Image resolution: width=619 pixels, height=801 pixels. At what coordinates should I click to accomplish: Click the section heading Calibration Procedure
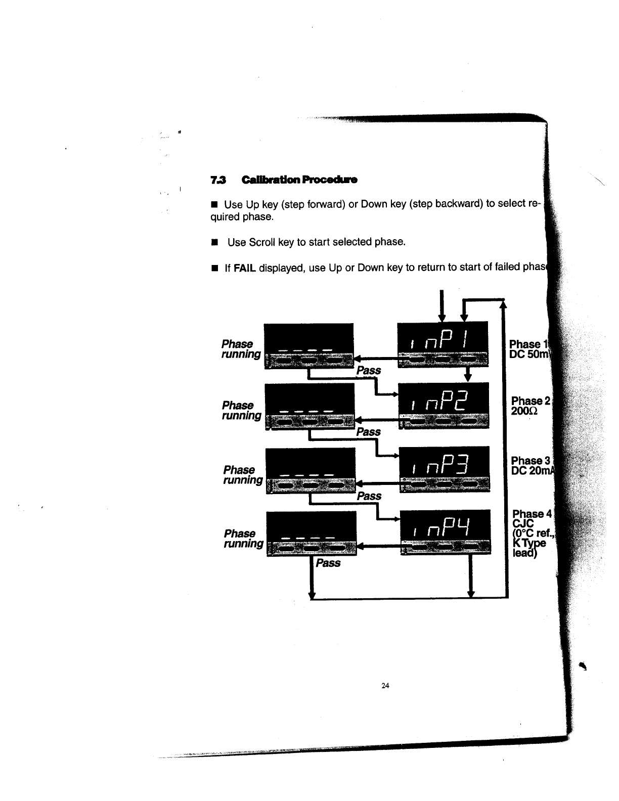click(x=299, y=180)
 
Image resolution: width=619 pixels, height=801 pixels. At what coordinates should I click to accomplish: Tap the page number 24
click(x=385, y=686)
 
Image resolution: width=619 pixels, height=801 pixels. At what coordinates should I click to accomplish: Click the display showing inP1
click(x=443, y=344)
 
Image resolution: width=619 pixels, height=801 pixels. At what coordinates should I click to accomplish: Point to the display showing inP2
click(x=444, y=405)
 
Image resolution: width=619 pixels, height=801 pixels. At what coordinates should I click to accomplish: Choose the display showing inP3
click(x=444, y=469)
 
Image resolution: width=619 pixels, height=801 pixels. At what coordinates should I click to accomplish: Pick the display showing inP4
click(x=445, y=531)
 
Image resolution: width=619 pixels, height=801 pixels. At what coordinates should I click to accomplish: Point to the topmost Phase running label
click(x=241, y=349)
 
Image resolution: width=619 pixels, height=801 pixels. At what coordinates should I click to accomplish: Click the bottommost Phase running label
click(x=243, y=539)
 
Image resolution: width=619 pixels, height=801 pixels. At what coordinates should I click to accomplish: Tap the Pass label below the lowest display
click(x=328, y=563)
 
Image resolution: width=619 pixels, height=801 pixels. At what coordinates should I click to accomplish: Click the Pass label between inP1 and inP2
click(x=368, y=370)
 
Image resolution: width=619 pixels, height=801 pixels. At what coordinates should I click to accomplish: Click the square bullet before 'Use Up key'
click(x=214, y=205)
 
